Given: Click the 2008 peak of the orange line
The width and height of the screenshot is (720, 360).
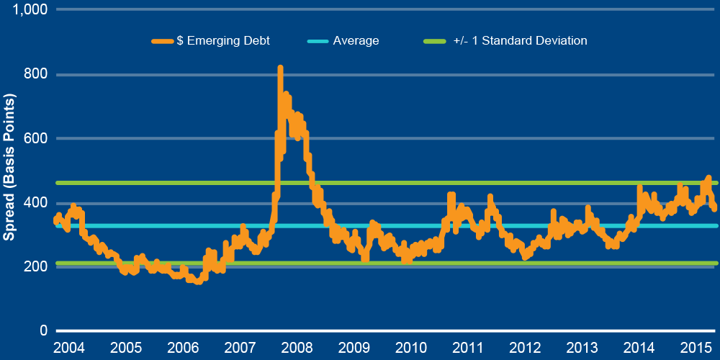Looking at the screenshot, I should pos(280,68).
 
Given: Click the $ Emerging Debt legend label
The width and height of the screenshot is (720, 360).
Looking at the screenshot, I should pos(223,41).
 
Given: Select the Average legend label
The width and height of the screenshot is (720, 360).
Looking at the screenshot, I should pos(356,41).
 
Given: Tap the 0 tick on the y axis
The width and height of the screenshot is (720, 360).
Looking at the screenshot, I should pos(44,330).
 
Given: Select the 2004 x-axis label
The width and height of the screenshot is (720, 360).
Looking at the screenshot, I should pos(69,348).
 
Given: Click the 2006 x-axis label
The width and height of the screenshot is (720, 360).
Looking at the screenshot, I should pos(183,348).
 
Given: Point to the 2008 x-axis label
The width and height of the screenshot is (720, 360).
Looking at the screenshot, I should pos(297,348).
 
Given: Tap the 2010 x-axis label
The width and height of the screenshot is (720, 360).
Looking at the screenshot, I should pos(410,348).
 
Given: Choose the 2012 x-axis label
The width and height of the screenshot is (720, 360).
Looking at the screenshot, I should pos(524,348).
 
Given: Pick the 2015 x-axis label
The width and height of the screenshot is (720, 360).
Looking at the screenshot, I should pos(696,348).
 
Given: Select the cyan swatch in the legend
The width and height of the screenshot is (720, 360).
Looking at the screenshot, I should pos(317,41).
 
